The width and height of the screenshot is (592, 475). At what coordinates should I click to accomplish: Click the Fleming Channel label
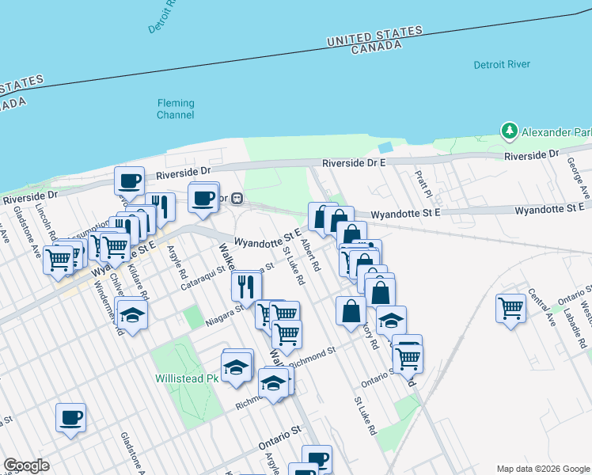(x=175, y=109)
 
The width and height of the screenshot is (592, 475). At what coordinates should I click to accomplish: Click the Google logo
(x=26, y=465)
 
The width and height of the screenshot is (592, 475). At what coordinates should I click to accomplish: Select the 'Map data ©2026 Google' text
(x=542, y=469)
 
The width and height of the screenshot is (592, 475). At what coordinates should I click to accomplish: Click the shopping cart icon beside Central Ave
(x=511, y=307)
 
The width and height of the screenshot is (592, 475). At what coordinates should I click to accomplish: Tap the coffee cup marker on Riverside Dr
(x=130, y=180)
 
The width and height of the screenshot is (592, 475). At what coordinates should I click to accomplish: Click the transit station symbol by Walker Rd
(x=236, y=199)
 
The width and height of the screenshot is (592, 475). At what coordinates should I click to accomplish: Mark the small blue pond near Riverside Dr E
(x=385, y=148)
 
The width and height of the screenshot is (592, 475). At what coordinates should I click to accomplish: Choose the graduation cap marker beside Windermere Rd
(x=133, y=315)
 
